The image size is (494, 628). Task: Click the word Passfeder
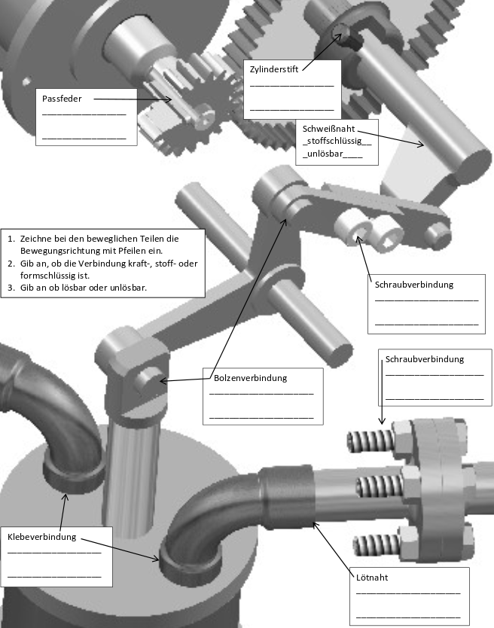pos(62,99)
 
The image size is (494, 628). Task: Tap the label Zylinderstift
pos(274,69)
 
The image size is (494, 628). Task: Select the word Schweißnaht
pos(328,129)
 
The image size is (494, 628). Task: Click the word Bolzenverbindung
pos(251,378)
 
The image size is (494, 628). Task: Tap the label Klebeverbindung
pos(41,537)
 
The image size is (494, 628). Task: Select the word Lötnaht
pos(372,578)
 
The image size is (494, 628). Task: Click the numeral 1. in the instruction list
pos(11,239)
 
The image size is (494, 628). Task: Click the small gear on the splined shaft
pos(203,109)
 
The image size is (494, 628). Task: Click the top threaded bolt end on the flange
pos(370,441)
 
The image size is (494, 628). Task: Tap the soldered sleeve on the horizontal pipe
pos(286,495)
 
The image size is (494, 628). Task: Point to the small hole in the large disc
pos(26,82)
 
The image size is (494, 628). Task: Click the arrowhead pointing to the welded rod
pos(420,144)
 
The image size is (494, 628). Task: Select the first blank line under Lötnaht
pos(408,593)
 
